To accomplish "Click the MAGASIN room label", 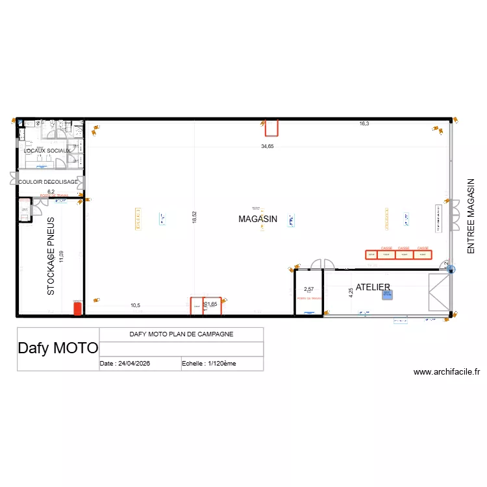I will (x=258, y=219).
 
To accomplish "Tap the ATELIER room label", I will (x=373, y=287).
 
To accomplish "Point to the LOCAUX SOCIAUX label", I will (x=47, y=151).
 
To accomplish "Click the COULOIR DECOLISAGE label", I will (x=48, y=182).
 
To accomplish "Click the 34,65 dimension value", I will (x=268, y=147).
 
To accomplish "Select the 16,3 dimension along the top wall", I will (x=364, y=123).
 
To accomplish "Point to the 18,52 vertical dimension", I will (x=194, y=217).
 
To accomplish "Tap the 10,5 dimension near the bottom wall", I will (x=135, y=305).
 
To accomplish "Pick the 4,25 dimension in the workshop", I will (x=351, y=292).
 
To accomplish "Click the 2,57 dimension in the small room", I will (x=309, y=289).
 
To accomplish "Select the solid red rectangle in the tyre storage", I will (x=77, y=308).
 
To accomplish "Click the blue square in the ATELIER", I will (x=387, y=294).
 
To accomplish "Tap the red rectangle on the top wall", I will (x=271, y=128).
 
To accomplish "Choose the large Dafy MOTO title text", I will (x=58, y=348).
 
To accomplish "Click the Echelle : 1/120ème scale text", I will (x=209, y=364).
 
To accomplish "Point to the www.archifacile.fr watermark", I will (x=446, y=372).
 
